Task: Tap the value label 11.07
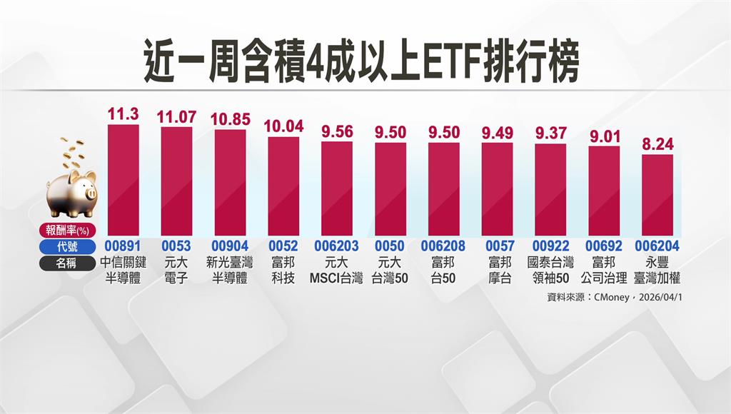(176, 116)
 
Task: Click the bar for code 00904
(230, 183)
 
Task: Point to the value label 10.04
(283, 126)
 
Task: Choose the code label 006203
(336, 246)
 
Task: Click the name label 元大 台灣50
(390, 270)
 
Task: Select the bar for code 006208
(443, 188)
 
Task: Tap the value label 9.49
(497, 133)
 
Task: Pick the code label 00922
(550, 246)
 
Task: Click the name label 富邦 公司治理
(603, 270)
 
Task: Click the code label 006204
(657, 246)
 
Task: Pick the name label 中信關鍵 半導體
(123, 270)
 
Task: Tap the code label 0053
(176, 246)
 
